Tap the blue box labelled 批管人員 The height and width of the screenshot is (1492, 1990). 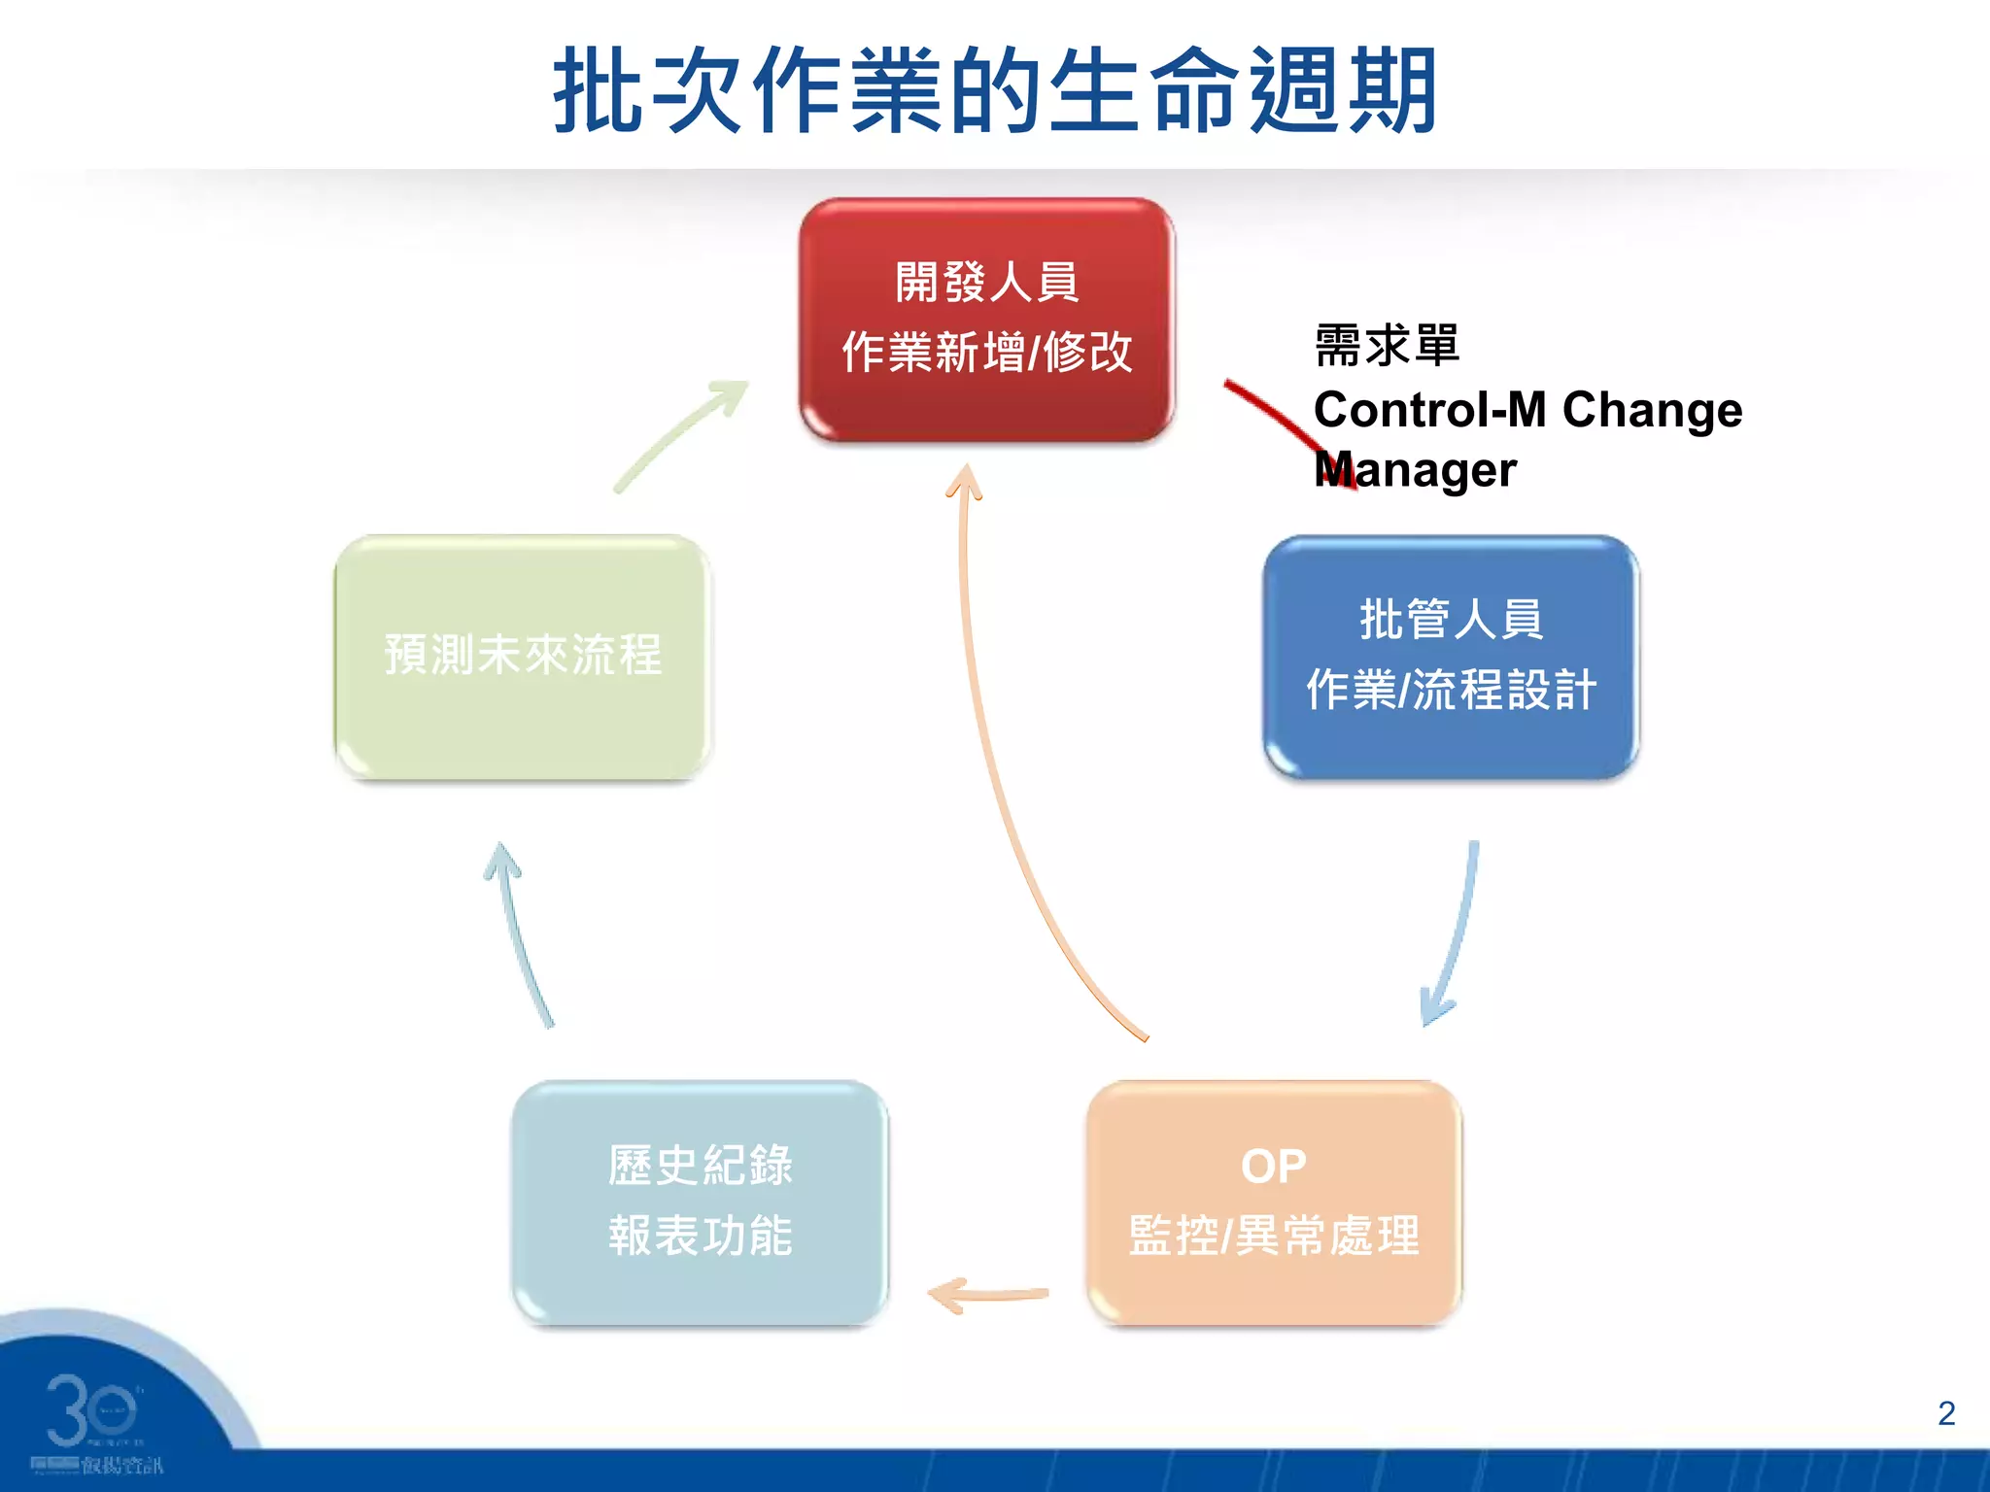click(x=1451, y=657)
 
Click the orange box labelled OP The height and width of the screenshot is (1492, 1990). click(x=1274, y=1203)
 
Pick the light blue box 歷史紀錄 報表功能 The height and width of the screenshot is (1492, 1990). click(x=700, y=1203)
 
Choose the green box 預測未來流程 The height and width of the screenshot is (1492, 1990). click(x=523, y=657)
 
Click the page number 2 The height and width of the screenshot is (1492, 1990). click(x=1945, y=1413)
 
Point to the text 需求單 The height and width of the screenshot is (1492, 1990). click(x=1387, y=346)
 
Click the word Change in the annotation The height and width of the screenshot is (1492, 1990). click(x=1652, y=410)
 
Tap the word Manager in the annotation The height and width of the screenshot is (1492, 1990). click(x=1415, y=470)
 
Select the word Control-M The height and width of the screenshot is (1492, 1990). click(x=1429, y=410)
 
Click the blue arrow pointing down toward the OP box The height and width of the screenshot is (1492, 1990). click(x=1458, y=932)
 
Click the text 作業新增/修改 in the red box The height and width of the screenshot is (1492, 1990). click(x=986, y=352)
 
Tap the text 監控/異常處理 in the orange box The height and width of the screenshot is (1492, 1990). click(x=1274, y=1237)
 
